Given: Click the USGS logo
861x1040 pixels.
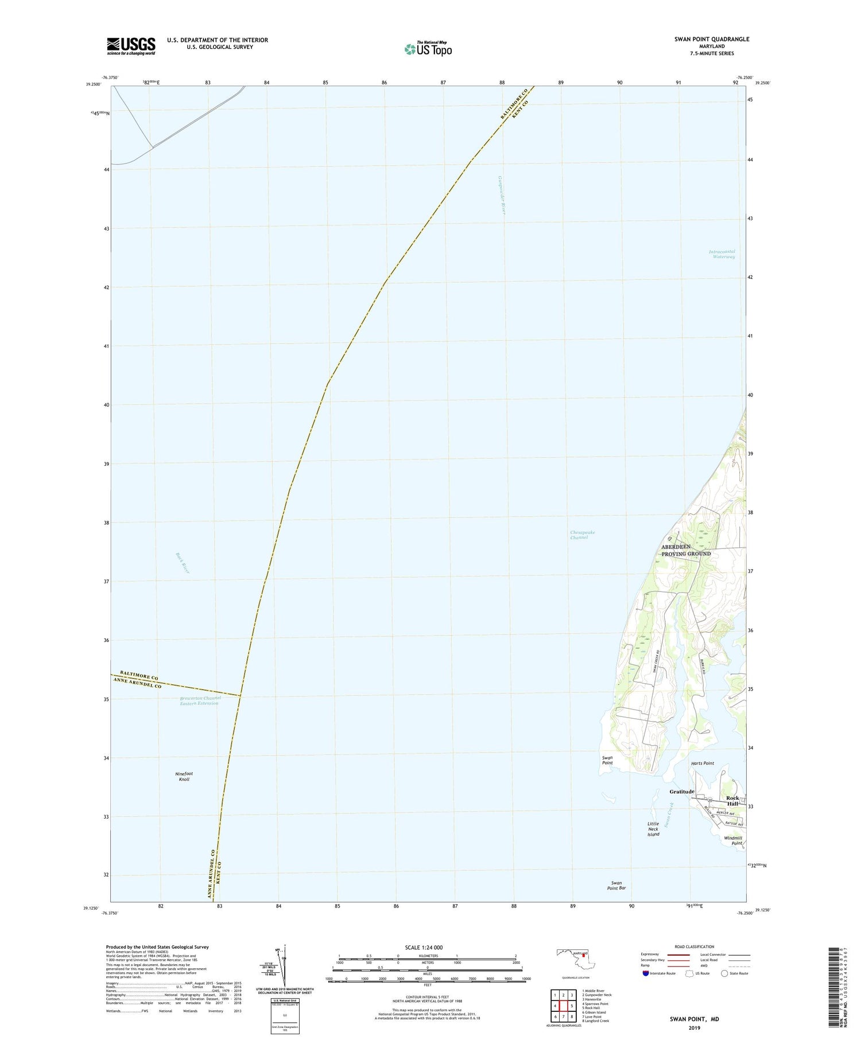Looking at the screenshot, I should click(x=131, y=46).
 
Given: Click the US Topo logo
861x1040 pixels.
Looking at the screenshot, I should click(x=428, y=49).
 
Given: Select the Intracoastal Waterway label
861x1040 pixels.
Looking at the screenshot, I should click(x=722, y=254).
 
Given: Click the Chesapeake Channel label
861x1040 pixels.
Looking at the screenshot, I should click(x=582, y=535).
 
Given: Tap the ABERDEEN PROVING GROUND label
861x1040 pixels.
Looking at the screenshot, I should click(x=685, y=550).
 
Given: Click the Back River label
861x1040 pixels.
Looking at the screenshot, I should click(x=183, y=563).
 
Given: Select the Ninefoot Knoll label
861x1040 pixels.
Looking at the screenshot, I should click(x=184, y=777).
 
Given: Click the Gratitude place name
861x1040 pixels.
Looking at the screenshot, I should click(x=682, y=792).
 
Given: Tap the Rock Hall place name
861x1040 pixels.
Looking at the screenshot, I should click(x=732, y=801).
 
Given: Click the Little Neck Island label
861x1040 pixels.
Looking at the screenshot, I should click(x=653, y=829).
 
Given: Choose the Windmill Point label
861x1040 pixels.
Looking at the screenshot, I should click(x=733, y=841).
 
